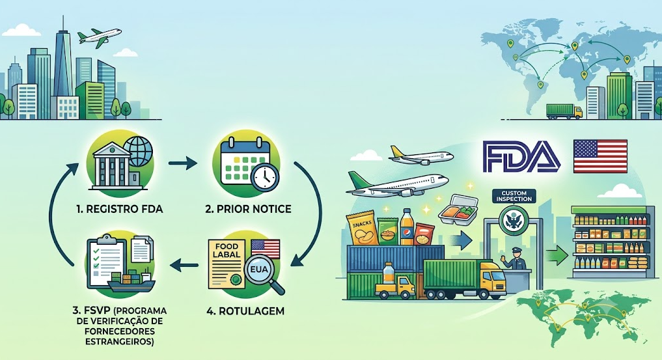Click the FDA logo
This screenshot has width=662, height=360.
click(x=522, y=156)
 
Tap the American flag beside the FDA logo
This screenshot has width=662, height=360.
click(x=600, y=156)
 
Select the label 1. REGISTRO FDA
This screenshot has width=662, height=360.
click(x=120, y=209)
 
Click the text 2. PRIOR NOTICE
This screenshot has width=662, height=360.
click(x=248, y=209)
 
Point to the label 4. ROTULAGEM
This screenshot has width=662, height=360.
click(x=245, y=311)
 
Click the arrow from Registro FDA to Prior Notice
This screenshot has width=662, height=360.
click(x=182, y=163)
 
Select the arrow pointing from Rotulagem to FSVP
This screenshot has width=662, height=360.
click(x=184, y=265)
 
